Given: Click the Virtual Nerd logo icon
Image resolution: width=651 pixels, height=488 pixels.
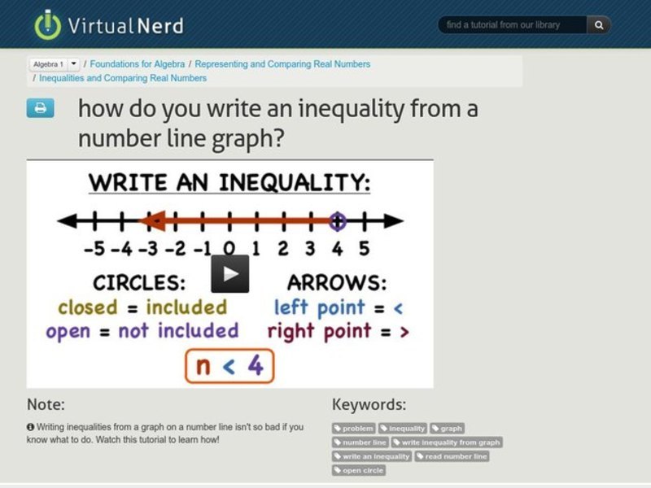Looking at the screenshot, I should [48, 24].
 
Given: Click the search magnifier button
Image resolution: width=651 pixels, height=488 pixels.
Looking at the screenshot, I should [598, 25].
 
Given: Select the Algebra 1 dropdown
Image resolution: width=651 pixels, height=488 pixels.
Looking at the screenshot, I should [55, 63].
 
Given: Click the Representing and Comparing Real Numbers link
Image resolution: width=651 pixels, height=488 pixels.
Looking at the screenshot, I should [282, 63].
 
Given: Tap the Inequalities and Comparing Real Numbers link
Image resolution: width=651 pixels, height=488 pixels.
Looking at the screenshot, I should [123, 78].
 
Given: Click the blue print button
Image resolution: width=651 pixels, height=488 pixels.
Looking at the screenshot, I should [41, 108].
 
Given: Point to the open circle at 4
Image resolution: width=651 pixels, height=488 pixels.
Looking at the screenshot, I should [337, 220].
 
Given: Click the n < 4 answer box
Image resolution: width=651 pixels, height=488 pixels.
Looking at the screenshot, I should [229, 366].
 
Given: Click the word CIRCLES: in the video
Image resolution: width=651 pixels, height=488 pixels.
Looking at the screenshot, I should [139, 283].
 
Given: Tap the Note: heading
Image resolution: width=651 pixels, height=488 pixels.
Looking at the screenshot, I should [46, 404].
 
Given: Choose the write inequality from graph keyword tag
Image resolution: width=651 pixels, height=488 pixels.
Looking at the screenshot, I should [447, 442].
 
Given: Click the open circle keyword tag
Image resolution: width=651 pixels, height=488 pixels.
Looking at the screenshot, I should [359, 470].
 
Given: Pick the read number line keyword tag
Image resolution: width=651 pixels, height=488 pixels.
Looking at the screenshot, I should [452, 456].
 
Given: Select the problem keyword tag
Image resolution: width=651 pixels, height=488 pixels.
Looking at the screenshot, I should [354, 429].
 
